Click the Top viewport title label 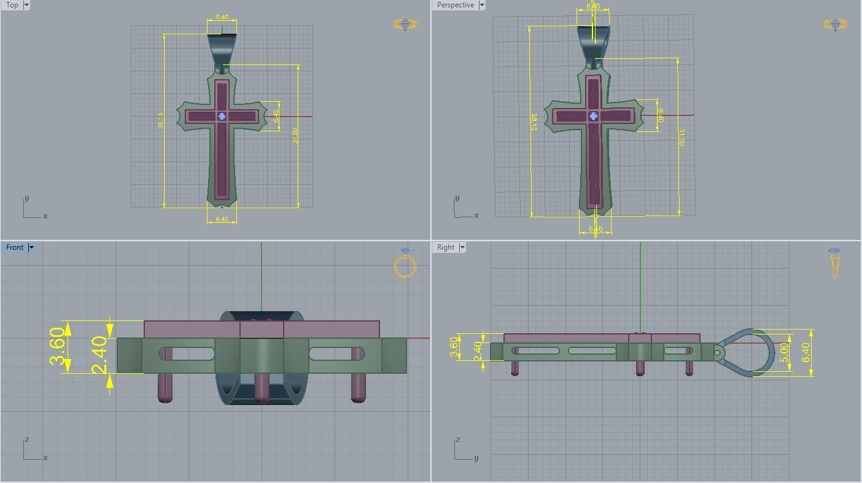(x=12, y=5)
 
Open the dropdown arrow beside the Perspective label (x=481, y=5)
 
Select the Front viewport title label (x=15, y=247)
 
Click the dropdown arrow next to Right (x=462, y=247)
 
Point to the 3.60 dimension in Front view (x=56, y=347)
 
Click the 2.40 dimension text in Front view (x=99, y=355)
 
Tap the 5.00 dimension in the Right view (x=784, y=352)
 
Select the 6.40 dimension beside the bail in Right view (x=806, y=352)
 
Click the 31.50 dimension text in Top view (x=295, y=136)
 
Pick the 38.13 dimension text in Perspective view (x=534, y=122)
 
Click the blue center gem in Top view (x=222, y=116)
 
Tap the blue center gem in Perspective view (x=593, y=116)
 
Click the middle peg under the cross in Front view (x=262, y=387)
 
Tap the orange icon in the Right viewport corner (x=834, y=263)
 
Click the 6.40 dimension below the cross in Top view (x=222, y=219)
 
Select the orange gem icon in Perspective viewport (x=835, y=25)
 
